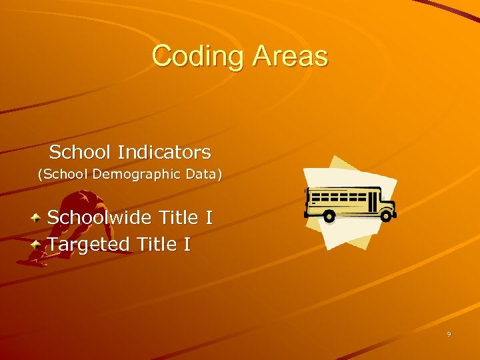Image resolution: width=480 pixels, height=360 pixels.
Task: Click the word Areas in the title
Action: [x=290, y=56]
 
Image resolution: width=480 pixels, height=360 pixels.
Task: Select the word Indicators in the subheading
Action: [x=164, y=152]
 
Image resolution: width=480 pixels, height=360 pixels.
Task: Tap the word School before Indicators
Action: [x=80, y=152]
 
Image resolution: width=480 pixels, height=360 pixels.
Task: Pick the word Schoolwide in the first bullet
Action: [x=99, y=218]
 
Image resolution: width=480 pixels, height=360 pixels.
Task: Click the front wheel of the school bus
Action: [x=386, y=215]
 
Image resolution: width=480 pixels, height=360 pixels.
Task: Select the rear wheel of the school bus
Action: [x=328, y=215]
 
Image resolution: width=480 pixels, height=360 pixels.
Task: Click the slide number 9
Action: [x=449, y=335]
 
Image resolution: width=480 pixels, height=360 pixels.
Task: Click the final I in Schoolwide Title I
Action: [x=209, y=218]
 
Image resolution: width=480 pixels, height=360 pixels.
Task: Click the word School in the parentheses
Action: [x=60, y=175]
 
